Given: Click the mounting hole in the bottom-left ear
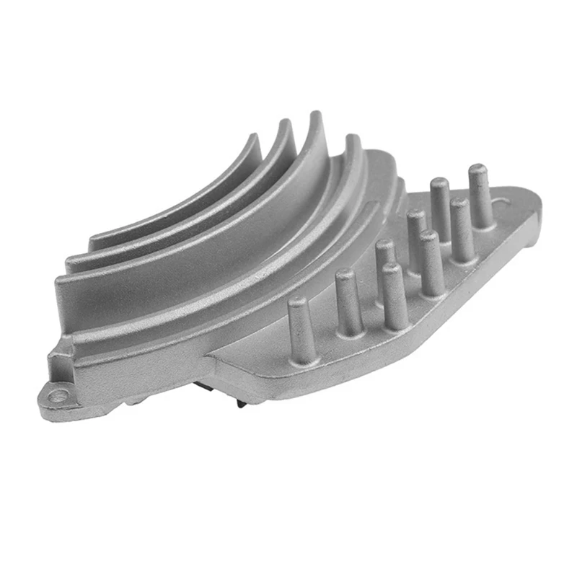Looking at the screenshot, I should tap(60, 395).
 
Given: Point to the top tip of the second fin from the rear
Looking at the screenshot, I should tap(286, 123).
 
